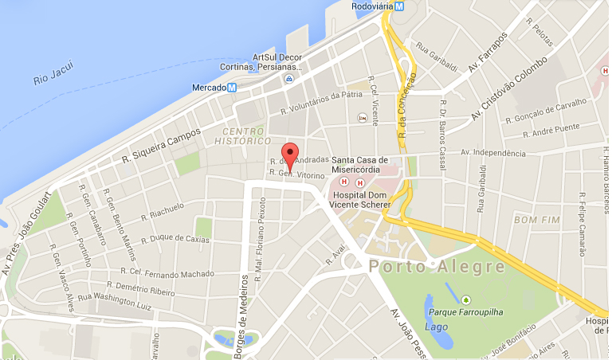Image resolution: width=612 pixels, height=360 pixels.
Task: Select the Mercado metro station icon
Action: click(232, 88)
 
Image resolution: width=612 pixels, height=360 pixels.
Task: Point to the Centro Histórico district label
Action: click(244, 135)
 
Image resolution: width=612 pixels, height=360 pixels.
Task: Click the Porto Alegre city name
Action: click(437, 266)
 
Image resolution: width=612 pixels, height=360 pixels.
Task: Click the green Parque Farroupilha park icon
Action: click(465, 299)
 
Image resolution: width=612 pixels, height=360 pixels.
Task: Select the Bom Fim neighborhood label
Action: click(534, 219)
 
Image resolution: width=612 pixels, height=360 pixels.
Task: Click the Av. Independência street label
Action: click(493, 153)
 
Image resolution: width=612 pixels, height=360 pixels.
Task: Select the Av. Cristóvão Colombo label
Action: click(508, 88)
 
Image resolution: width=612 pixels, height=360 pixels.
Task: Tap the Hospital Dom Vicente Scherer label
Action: click(360, 199)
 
